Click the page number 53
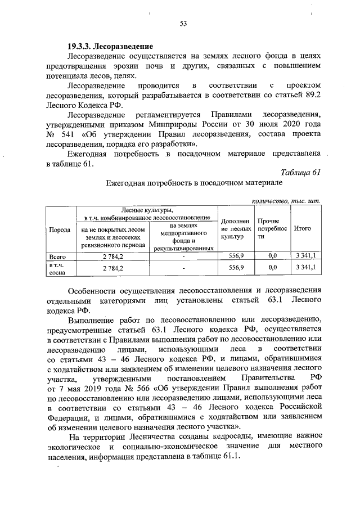[x=183, y=24]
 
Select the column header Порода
[x=60, y=230]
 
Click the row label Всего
[x=59, y=256]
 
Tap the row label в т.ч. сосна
[x=59, y=268]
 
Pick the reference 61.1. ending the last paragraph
[x=229, y=456]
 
